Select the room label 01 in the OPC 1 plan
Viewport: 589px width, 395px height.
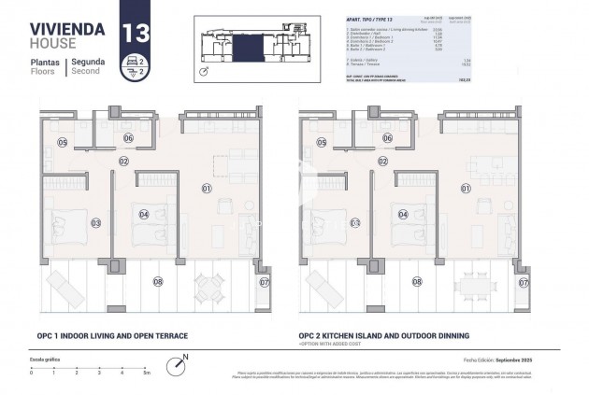click(206, 189)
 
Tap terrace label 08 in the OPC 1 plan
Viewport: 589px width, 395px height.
click(157, 281)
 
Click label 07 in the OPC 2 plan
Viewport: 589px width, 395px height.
click(524, 281)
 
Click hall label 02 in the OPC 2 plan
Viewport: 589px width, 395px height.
click(383, 161)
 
